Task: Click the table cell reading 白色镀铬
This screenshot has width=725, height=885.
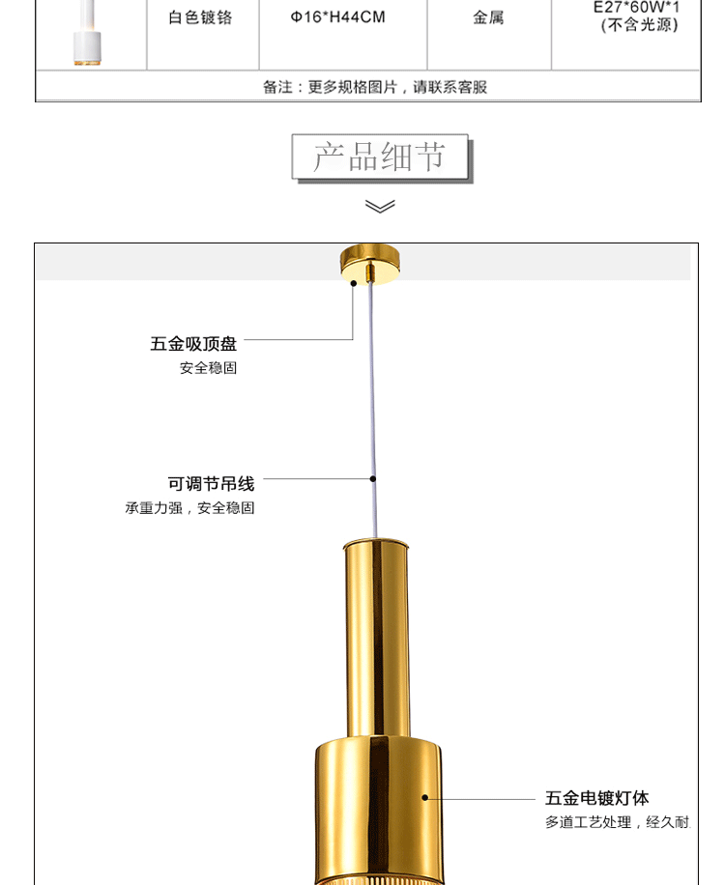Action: click(201, 18)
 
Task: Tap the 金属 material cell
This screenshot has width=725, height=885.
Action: click(488, 18)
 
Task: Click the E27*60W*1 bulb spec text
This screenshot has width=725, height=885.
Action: click(637, 8)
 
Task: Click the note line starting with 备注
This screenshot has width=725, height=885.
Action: click(375, 87)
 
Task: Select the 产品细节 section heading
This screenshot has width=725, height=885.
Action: click(379, 157)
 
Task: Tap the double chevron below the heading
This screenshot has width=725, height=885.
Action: click(380, 206)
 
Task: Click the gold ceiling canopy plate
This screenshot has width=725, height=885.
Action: click(369, 263)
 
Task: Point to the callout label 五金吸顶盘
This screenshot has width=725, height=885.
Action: click(193, 344)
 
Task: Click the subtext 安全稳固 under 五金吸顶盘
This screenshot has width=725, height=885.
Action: click(208, 368)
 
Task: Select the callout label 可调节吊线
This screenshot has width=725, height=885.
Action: click(211, 483)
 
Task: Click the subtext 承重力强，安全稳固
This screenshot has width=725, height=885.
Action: click(189, 508)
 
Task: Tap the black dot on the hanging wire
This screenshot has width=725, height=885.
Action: click(373, 478)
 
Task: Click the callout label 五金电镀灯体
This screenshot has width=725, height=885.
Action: click(596, 798)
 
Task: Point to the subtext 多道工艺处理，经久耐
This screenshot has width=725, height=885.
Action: click(618, 822)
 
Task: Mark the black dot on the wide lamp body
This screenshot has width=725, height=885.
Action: click(424, 798)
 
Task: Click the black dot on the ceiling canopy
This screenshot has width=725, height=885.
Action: click(354, 283)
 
